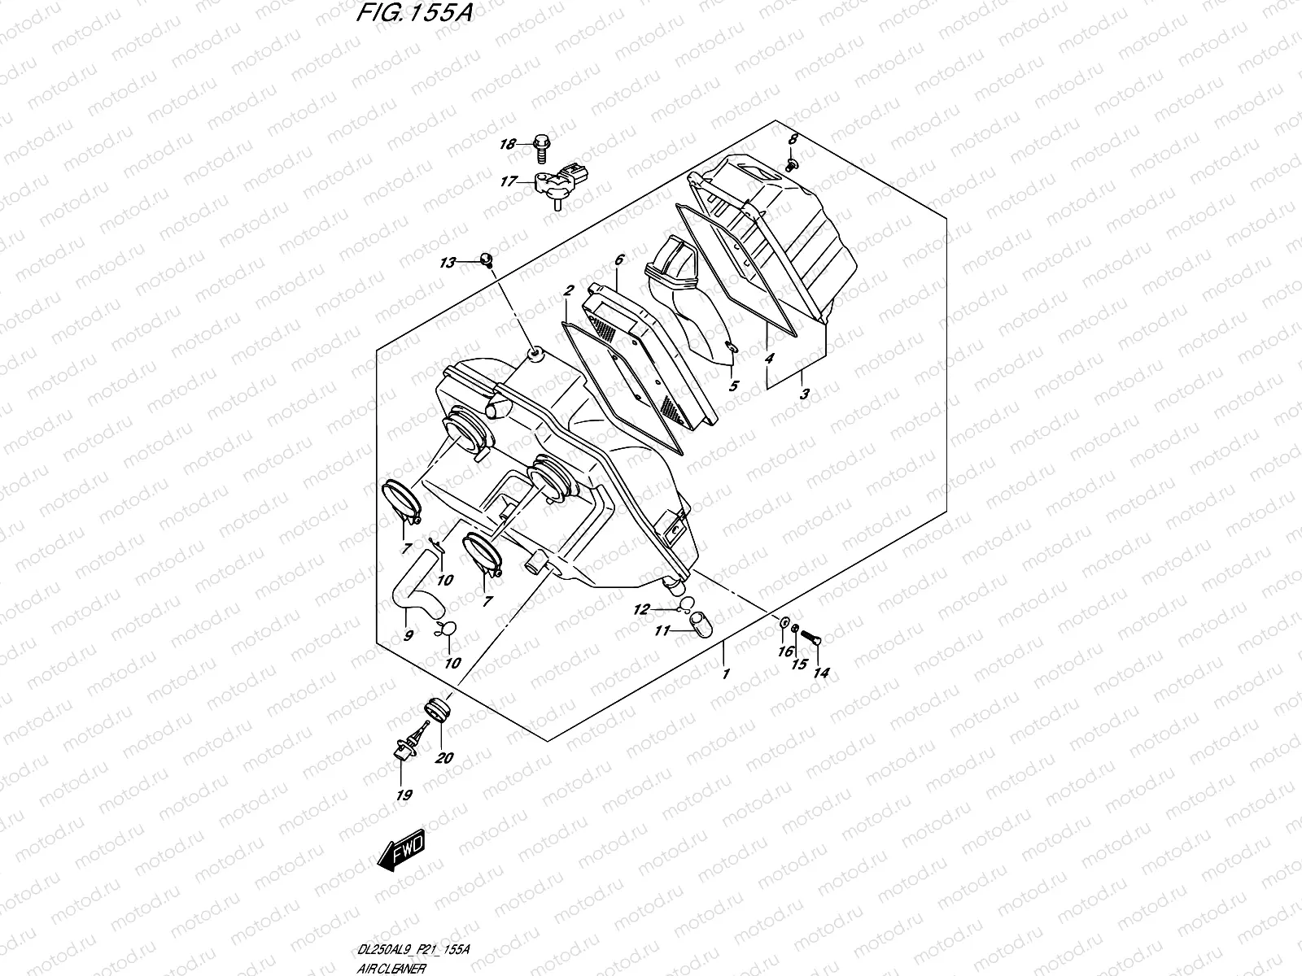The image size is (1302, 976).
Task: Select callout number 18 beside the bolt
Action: pyautogui.click(x=508, y=145)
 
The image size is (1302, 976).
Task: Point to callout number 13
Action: pyautogui.click(x=448, y=262)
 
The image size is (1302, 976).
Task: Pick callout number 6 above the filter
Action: pyautogui.click(x=618, y=260)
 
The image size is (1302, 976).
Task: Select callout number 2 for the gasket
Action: pyautogui.click(x=568, y=290)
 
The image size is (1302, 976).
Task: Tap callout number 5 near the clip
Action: pyautogui.click(x=733, y=386)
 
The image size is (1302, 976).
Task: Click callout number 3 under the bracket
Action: pyautogui.click(x=804, y=394)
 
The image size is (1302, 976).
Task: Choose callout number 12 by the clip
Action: pyautogui.click(x=643, y=608)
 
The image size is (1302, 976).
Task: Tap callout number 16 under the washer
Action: pyautogui.click(x=784, y=652)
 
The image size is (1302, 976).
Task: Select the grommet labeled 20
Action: pyautogui.click(x=436, y=711)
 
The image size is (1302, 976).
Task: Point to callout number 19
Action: pyautogui.click(x=404, y=795)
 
